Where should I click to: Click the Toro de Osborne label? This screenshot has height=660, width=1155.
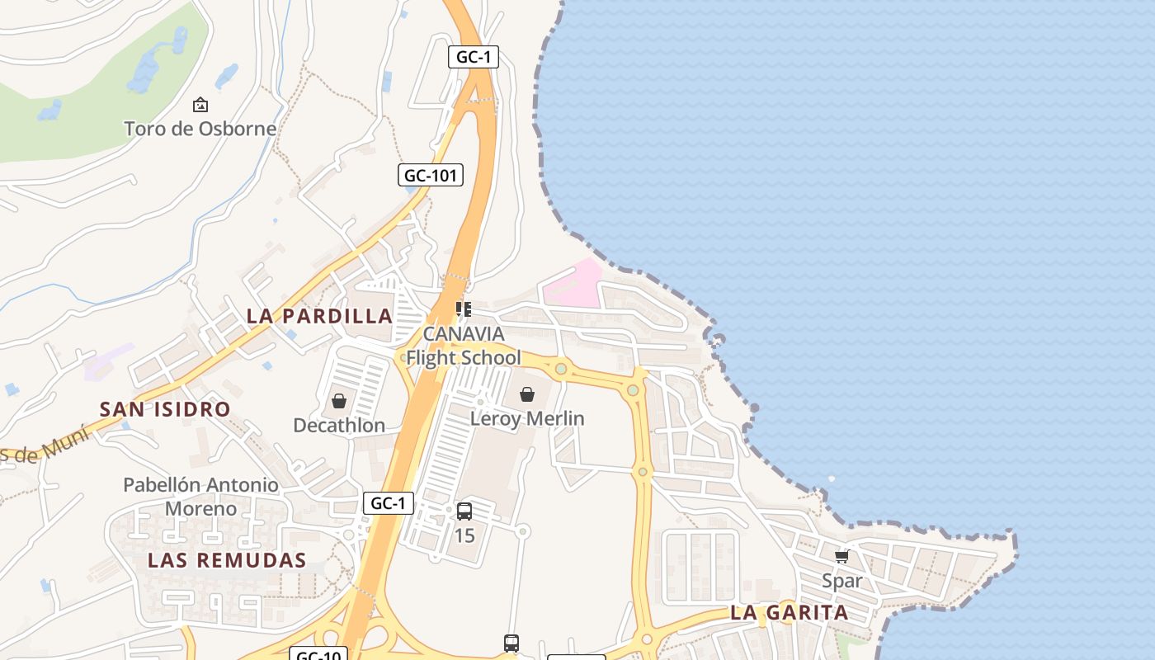(x=200, y=129)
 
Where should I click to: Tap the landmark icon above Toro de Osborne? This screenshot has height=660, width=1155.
(x=200, y=105)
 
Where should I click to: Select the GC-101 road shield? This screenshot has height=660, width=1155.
(x=430, y=175)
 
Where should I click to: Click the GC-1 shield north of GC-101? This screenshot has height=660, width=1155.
(x=474, y=57)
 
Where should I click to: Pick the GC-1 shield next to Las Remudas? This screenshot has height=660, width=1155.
(x=388, y=503)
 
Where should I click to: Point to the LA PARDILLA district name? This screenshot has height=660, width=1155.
(x=319, y=316)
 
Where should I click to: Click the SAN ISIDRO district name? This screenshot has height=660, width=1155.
(x=165, y=409)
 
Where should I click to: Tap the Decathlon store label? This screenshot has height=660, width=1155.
(x=339, y=426)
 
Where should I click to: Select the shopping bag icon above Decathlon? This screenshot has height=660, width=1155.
(x=339, y=402)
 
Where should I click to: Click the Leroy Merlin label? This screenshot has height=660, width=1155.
(x=527, y=418)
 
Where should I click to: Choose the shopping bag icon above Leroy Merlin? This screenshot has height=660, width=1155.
(x=527, y=394)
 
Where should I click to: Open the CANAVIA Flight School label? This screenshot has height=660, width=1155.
(x=464, y=346)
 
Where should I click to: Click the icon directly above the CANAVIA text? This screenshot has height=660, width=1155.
(x=464, y=309)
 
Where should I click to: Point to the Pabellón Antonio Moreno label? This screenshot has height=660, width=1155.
(x=200, y=497)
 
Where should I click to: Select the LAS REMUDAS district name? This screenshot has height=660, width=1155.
(x=227, y=560)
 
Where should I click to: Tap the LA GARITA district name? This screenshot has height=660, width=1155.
(x=789, y=613)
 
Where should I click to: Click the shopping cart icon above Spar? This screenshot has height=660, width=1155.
(x=842, y=557)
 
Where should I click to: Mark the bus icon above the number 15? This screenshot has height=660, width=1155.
(x=464, y=511)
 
